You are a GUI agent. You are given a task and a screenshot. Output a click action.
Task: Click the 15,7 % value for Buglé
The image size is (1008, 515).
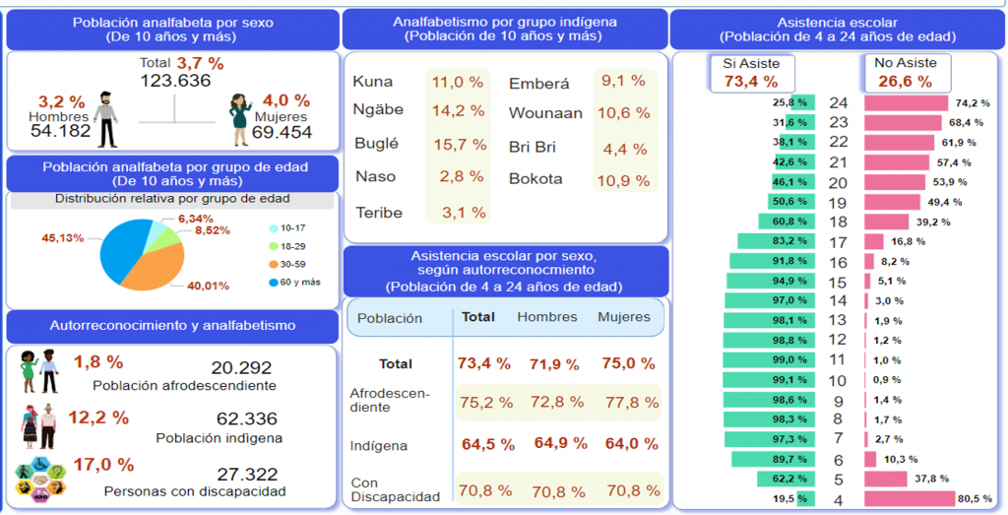click(x=460, y=144)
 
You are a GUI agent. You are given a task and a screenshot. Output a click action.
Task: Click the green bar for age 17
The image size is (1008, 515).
click(x=776, y=241)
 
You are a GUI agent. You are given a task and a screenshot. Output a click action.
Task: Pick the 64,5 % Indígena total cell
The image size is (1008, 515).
click(x=485, y=444)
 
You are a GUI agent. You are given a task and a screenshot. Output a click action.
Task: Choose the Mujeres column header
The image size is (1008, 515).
click(x=624, y=317)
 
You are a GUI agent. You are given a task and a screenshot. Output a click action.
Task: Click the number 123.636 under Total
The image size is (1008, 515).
click(x=175, y=81)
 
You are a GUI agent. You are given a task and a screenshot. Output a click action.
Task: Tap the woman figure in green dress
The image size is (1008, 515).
click(x=239, y=119)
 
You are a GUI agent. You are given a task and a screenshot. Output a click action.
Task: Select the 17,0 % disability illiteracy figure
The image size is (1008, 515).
click(x=104, y=465)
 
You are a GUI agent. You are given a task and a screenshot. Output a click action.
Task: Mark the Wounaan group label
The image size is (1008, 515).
click(x=545, y=113)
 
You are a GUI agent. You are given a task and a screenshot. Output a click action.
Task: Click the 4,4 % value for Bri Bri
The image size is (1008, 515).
click(x=624, y=149)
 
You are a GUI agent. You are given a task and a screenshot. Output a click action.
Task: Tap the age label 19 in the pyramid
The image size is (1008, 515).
click(x=838, y=202)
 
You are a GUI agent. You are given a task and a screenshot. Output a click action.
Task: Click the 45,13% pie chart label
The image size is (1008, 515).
click(x=62, y=236)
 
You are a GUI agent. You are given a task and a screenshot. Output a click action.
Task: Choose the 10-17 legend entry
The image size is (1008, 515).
click(x=291, y=227)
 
